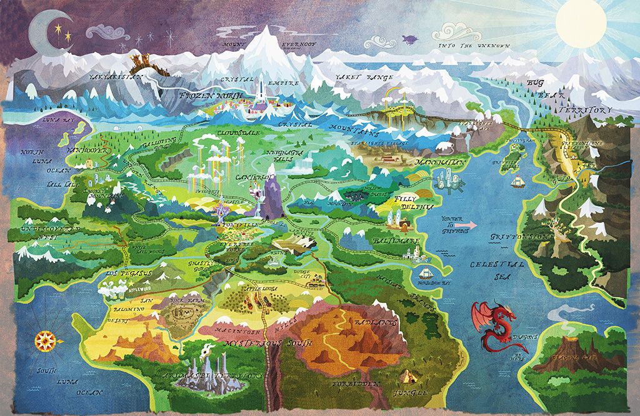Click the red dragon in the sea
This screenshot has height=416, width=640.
[496, 324]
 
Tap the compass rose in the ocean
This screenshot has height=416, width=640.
[45, 340]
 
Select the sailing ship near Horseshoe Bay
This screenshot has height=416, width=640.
[425, 274]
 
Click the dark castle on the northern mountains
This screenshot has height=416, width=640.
[141, 62]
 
